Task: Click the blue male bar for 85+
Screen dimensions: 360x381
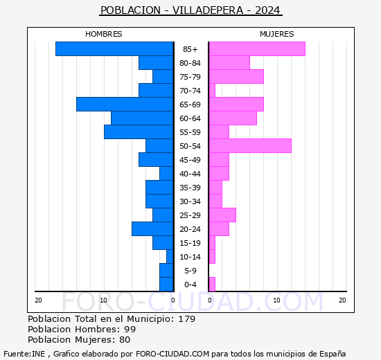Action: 114,49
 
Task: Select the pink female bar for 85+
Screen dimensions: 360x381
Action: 256,49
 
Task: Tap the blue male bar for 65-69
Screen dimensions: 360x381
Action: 125,105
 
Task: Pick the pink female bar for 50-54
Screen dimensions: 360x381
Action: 249,146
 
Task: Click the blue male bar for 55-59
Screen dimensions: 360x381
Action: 139,132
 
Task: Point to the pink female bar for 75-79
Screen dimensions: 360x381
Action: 236,77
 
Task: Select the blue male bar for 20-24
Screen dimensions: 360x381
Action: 152,229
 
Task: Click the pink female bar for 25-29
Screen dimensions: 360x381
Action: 222,215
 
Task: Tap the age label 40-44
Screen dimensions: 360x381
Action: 190,174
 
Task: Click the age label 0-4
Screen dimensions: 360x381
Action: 190,285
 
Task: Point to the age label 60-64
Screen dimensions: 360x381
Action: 190,118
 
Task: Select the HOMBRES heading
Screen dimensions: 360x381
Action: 104,34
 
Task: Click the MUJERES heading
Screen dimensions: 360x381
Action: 276,34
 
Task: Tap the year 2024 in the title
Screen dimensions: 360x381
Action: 267,10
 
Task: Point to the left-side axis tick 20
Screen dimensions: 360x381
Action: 39,300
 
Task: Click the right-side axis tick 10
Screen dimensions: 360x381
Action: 276,300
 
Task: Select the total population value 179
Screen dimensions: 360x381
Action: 186,319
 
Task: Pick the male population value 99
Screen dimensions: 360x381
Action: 130,330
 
